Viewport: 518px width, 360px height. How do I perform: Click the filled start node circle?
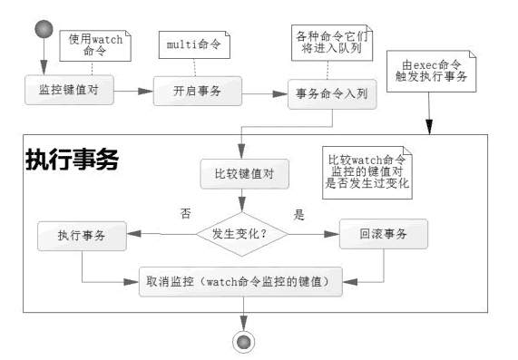(x=42, y=26)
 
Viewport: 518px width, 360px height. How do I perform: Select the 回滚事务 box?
(x=384, y=235)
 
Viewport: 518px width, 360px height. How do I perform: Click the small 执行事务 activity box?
(x=82, y=235)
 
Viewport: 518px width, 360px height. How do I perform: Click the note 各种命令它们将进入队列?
(x=327, y=42)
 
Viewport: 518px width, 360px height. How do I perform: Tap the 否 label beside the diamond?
(x=185, y=213)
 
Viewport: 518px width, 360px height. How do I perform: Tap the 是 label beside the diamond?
(x=298, y=214)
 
